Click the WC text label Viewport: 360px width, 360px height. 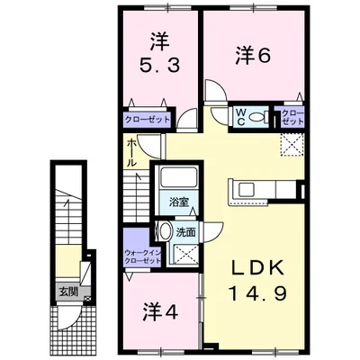tap(241, 115)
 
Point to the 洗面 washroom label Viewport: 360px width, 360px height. tap(186, 231)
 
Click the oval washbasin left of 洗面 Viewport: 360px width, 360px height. tap(167, 232)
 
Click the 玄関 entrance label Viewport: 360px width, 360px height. tap(68, 292)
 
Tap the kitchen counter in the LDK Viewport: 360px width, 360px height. tap(264, 191)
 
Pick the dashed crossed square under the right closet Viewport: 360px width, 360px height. tap(293, 143)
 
